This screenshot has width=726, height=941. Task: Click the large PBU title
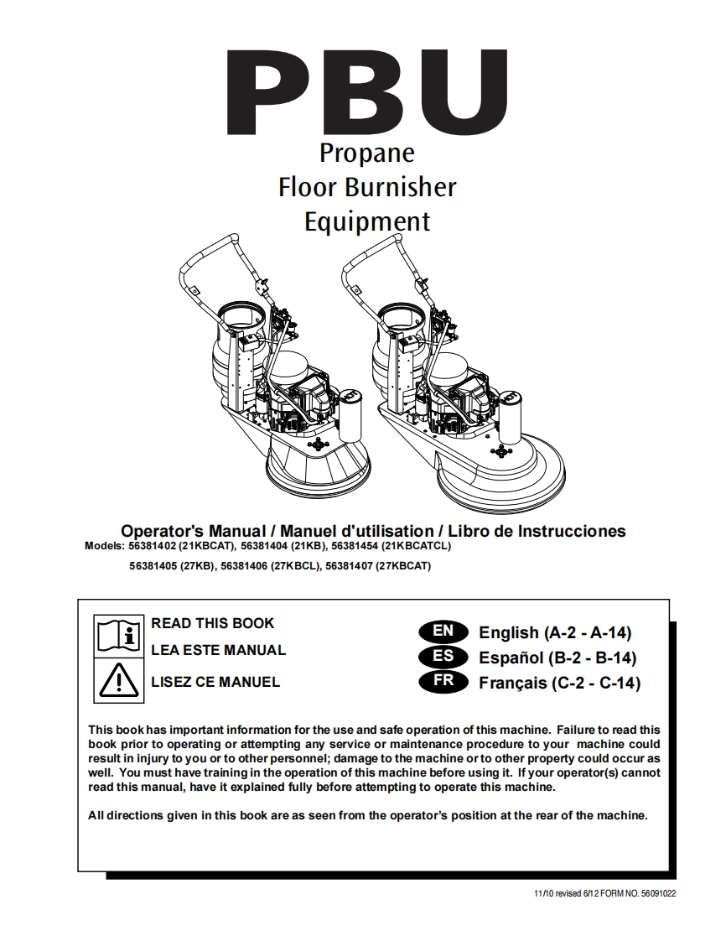(366, 94)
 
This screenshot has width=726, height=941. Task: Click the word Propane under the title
(367, 153)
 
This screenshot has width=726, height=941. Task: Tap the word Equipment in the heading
(367, 221)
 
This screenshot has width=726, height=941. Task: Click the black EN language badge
(443, 631)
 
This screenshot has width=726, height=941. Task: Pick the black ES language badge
(443, 656)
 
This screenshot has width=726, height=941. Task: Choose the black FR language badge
(443, 681)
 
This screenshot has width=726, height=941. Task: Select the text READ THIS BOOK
(212, 623)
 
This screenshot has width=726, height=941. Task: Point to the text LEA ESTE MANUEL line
(218, 650)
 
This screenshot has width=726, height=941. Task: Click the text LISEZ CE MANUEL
(215, 682)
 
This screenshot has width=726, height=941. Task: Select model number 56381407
(349, 566)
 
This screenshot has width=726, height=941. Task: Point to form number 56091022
(656, 895)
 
